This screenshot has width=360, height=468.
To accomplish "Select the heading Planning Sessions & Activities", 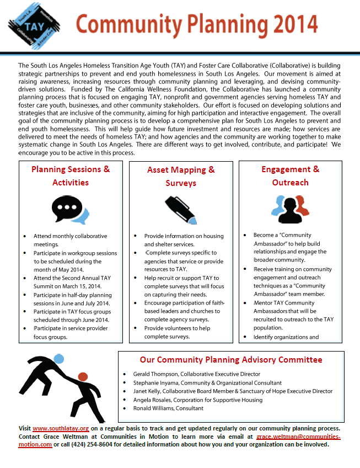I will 71,175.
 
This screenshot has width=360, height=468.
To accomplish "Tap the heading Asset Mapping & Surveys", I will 181,176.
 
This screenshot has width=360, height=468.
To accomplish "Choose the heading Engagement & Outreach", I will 290,175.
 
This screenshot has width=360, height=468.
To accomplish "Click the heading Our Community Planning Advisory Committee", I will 231,360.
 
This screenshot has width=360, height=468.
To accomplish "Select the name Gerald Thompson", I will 153,374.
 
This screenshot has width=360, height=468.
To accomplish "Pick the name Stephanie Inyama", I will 156,382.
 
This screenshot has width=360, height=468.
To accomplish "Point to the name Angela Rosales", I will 154,400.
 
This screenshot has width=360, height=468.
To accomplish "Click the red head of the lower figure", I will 83,377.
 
